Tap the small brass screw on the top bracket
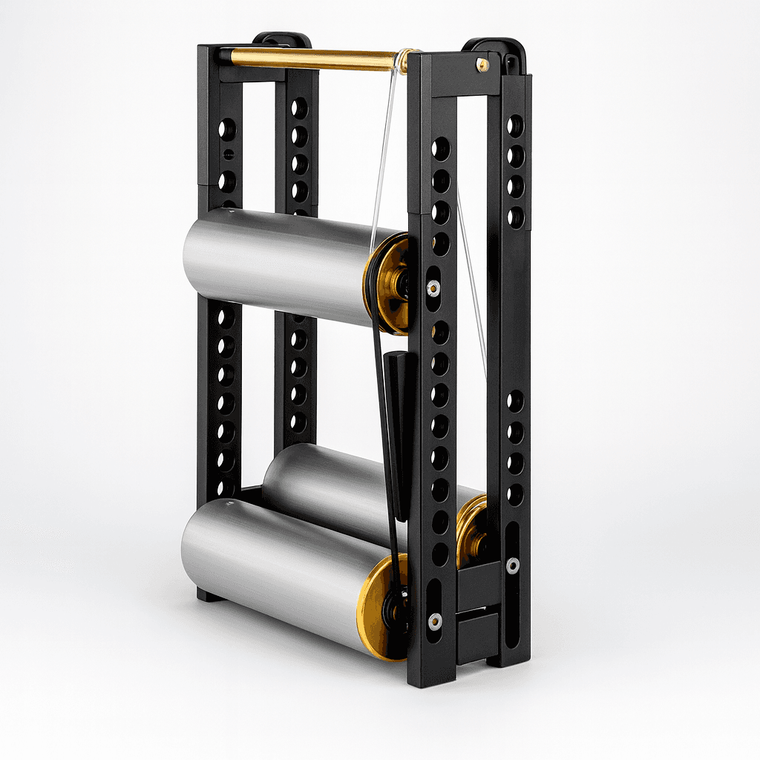[483, 65]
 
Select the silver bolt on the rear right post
[513, 565]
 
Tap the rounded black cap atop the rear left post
[282, 38]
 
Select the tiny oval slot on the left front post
[229, 155]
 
